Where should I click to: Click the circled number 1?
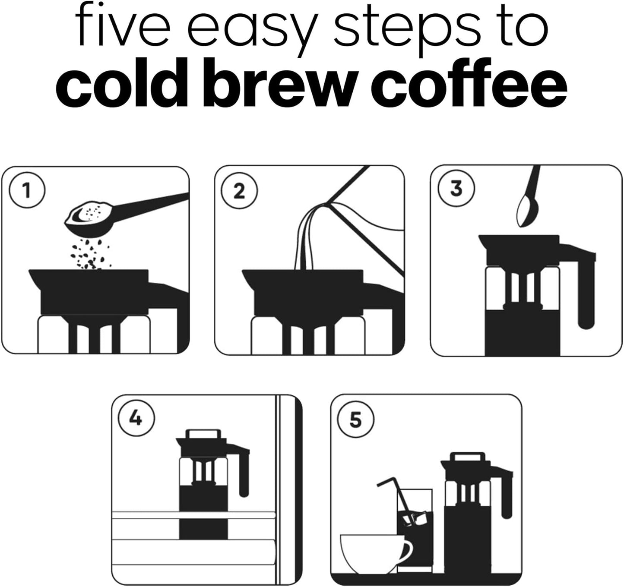click(x=27, y=190)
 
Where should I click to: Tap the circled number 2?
click(x=239, y=190)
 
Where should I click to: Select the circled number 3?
click(x=456, y=189)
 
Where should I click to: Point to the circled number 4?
click(x=136, y=418)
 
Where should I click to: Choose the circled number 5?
click(x=355, y=419)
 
